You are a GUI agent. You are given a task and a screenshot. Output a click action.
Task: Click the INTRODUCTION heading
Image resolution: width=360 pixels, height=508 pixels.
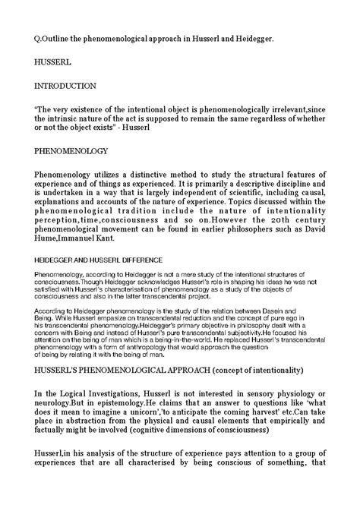click(x=65, y=87)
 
